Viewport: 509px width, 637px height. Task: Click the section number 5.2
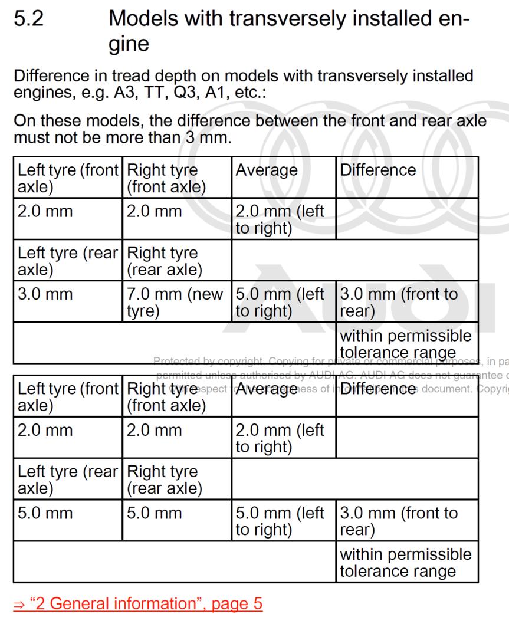coord(28,19)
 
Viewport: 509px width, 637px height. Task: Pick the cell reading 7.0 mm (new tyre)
coord(175,302)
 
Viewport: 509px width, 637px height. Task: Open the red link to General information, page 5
coord(137,603)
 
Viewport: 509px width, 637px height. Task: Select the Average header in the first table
coord(267,170)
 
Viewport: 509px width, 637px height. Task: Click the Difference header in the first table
coord(377,170)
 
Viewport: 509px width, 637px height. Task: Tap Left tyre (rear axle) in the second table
coord(67,480)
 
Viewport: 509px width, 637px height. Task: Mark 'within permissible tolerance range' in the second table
coord(406,563)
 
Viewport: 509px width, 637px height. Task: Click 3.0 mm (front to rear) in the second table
coord(399,521)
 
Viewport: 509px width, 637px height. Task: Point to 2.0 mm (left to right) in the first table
coord(280,219)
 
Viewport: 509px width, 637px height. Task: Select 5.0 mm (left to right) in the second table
coord(280,521)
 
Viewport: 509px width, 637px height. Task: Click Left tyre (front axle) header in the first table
coord(67,178)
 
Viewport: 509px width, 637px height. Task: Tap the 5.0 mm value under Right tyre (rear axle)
coord(155,513)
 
